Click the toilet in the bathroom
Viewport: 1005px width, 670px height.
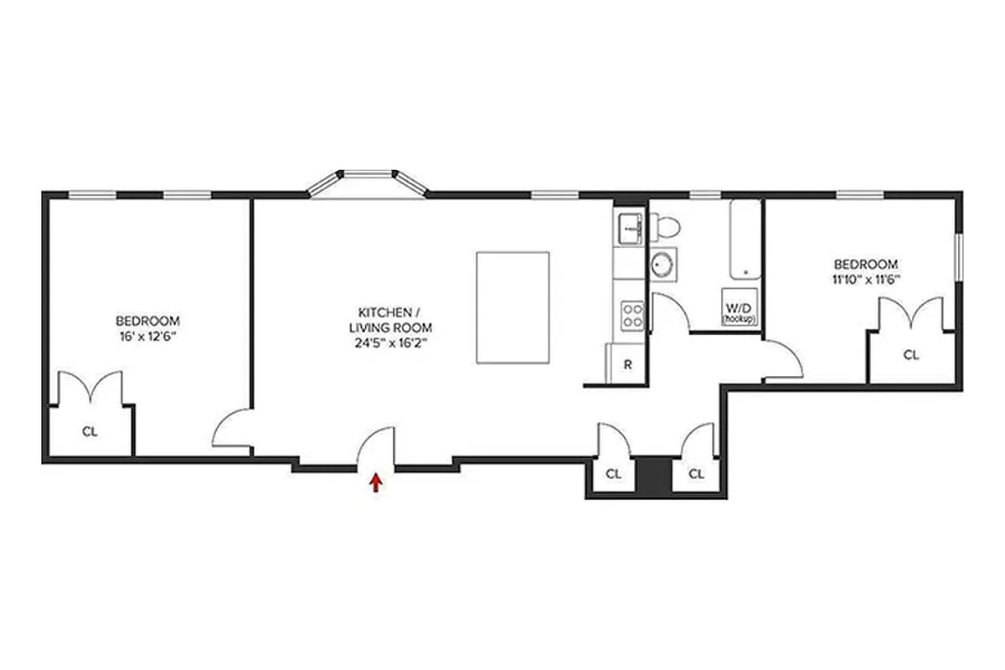pos(667,225)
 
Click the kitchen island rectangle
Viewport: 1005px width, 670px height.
pos(513,307)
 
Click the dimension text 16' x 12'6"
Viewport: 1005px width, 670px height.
pos(147,337)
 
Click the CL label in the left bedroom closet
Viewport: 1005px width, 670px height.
pos(90,432)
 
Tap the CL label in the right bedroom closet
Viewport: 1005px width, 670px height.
pos(910,354)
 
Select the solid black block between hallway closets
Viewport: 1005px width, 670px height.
pos(649,475)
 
